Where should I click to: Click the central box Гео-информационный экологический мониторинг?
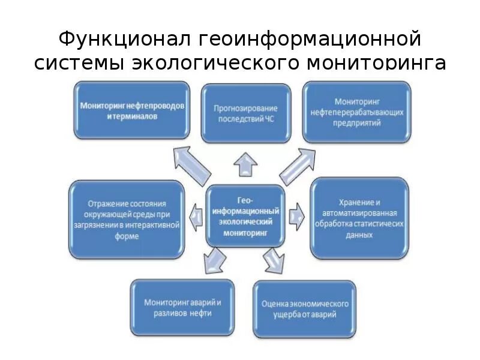[245, 215]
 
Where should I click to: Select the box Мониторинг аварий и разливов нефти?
[181, 307]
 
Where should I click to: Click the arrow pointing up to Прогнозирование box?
[245, 164]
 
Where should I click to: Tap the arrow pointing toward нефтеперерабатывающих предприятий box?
[298, 166]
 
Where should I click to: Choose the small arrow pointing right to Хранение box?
[295, 215]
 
